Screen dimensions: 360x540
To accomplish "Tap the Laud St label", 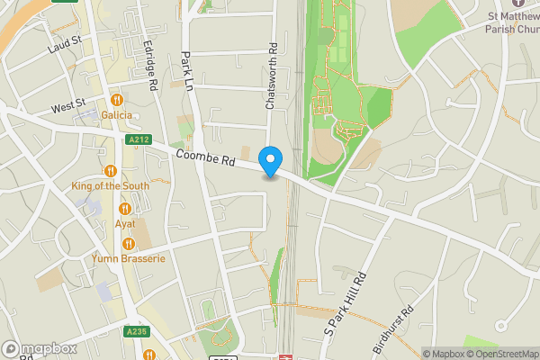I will [66, 43].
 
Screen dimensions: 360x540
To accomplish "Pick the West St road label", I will [67, 107].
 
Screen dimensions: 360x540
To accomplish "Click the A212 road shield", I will [139, 140].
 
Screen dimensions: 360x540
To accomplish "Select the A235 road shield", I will [137, 332].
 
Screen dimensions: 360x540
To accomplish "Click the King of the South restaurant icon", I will [111, 171].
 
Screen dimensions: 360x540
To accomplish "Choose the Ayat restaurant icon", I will [125, 209].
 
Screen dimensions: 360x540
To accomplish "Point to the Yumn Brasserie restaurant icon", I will [129, 244].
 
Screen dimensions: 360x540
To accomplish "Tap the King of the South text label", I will [111, 185].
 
